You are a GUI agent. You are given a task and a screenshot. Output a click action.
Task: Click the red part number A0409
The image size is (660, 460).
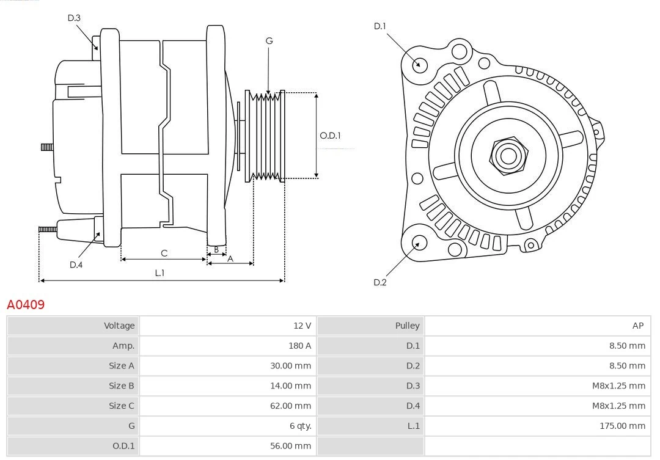(x=26, y=304)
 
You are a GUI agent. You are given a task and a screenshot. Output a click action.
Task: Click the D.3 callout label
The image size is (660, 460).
(x=74, y=18)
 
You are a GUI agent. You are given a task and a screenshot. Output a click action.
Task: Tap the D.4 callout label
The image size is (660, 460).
(x=76, y=265)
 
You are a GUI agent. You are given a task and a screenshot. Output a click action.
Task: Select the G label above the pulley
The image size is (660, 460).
(x=269, y=41)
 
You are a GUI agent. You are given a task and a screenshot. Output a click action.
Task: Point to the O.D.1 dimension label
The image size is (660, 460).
(x=330, y=136)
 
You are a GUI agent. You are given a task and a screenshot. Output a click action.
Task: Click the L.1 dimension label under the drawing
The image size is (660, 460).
(x=159, y=273)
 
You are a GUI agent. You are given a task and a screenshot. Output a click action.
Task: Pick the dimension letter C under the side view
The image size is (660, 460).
(x=164, y=253)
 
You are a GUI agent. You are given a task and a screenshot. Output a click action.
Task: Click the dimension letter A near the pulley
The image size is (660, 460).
(x=230, y=259)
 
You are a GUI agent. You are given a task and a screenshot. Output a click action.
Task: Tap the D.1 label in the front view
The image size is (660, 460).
(x=380, y=26)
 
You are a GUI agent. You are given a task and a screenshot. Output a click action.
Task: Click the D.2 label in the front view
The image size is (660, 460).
(x=380, y=282)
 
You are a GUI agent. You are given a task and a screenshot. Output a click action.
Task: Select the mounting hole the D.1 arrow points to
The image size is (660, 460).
(x=419, y=64)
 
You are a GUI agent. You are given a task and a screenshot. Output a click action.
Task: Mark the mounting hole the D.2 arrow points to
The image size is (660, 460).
(x=419, y=243)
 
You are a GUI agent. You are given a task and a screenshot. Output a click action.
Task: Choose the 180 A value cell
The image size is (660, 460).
(x=299, y=346)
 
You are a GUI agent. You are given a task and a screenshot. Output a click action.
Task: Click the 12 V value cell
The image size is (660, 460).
(x=302, y=326)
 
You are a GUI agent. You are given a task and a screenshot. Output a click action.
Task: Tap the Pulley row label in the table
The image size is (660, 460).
(x=407, y=326)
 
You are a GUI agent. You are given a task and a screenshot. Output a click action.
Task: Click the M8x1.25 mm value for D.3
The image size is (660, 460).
(x=618, y=385)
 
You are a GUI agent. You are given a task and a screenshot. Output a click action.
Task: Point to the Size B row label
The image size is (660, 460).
(x=121, y=385)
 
